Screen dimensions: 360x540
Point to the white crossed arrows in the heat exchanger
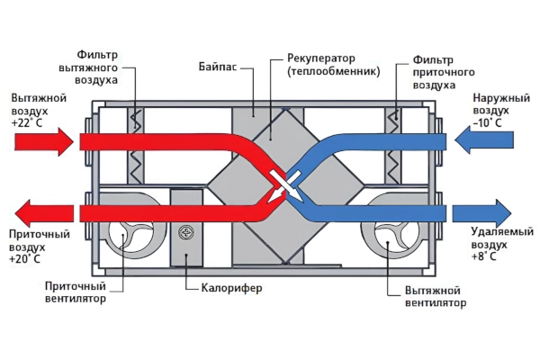point(283,184)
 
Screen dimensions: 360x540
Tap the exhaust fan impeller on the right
point(387,237)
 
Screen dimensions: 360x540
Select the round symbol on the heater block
point(187,231)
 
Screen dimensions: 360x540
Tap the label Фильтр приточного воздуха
point(442,71)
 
